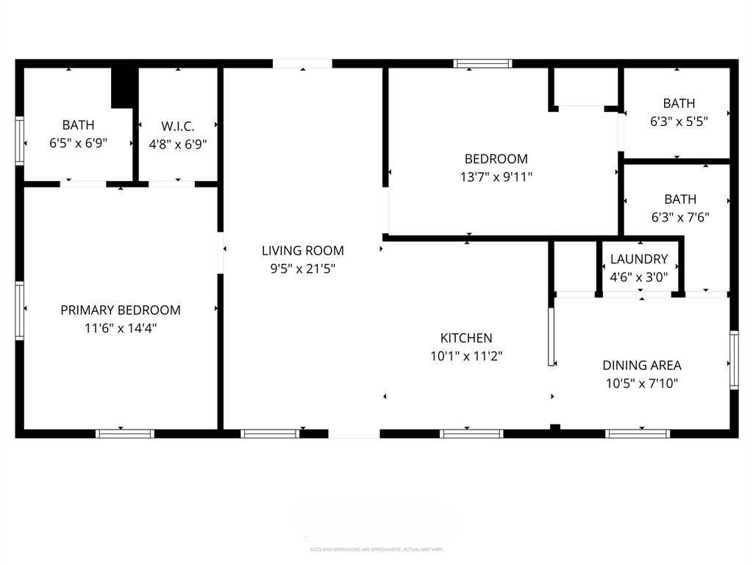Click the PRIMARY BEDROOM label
[x=121, y=310]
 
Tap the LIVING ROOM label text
[x=302, y=251]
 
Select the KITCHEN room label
[x=466, y=338]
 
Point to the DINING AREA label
[x=641, y=365]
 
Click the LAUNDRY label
[x=639, y=259]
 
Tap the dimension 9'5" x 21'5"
[x=302, y=269]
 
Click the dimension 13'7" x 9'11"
[x=496, y=177]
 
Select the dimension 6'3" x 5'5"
[x=679, y=122]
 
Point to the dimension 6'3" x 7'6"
[x=679, y=218]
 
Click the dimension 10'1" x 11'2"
[x=466, y=357]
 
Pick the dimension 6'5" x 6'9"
[x=78, y=143]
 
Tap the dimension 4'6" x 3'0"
[x=639, y=277]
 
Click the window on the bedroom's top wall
[x=483, y=64]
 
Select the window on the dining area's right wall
[x=733, y=360]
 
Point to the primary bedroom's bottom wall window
[x=125, y=433]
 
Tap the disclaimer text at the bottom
[x=376, y=550]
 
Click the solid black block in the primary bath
[x=124, y=88]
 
